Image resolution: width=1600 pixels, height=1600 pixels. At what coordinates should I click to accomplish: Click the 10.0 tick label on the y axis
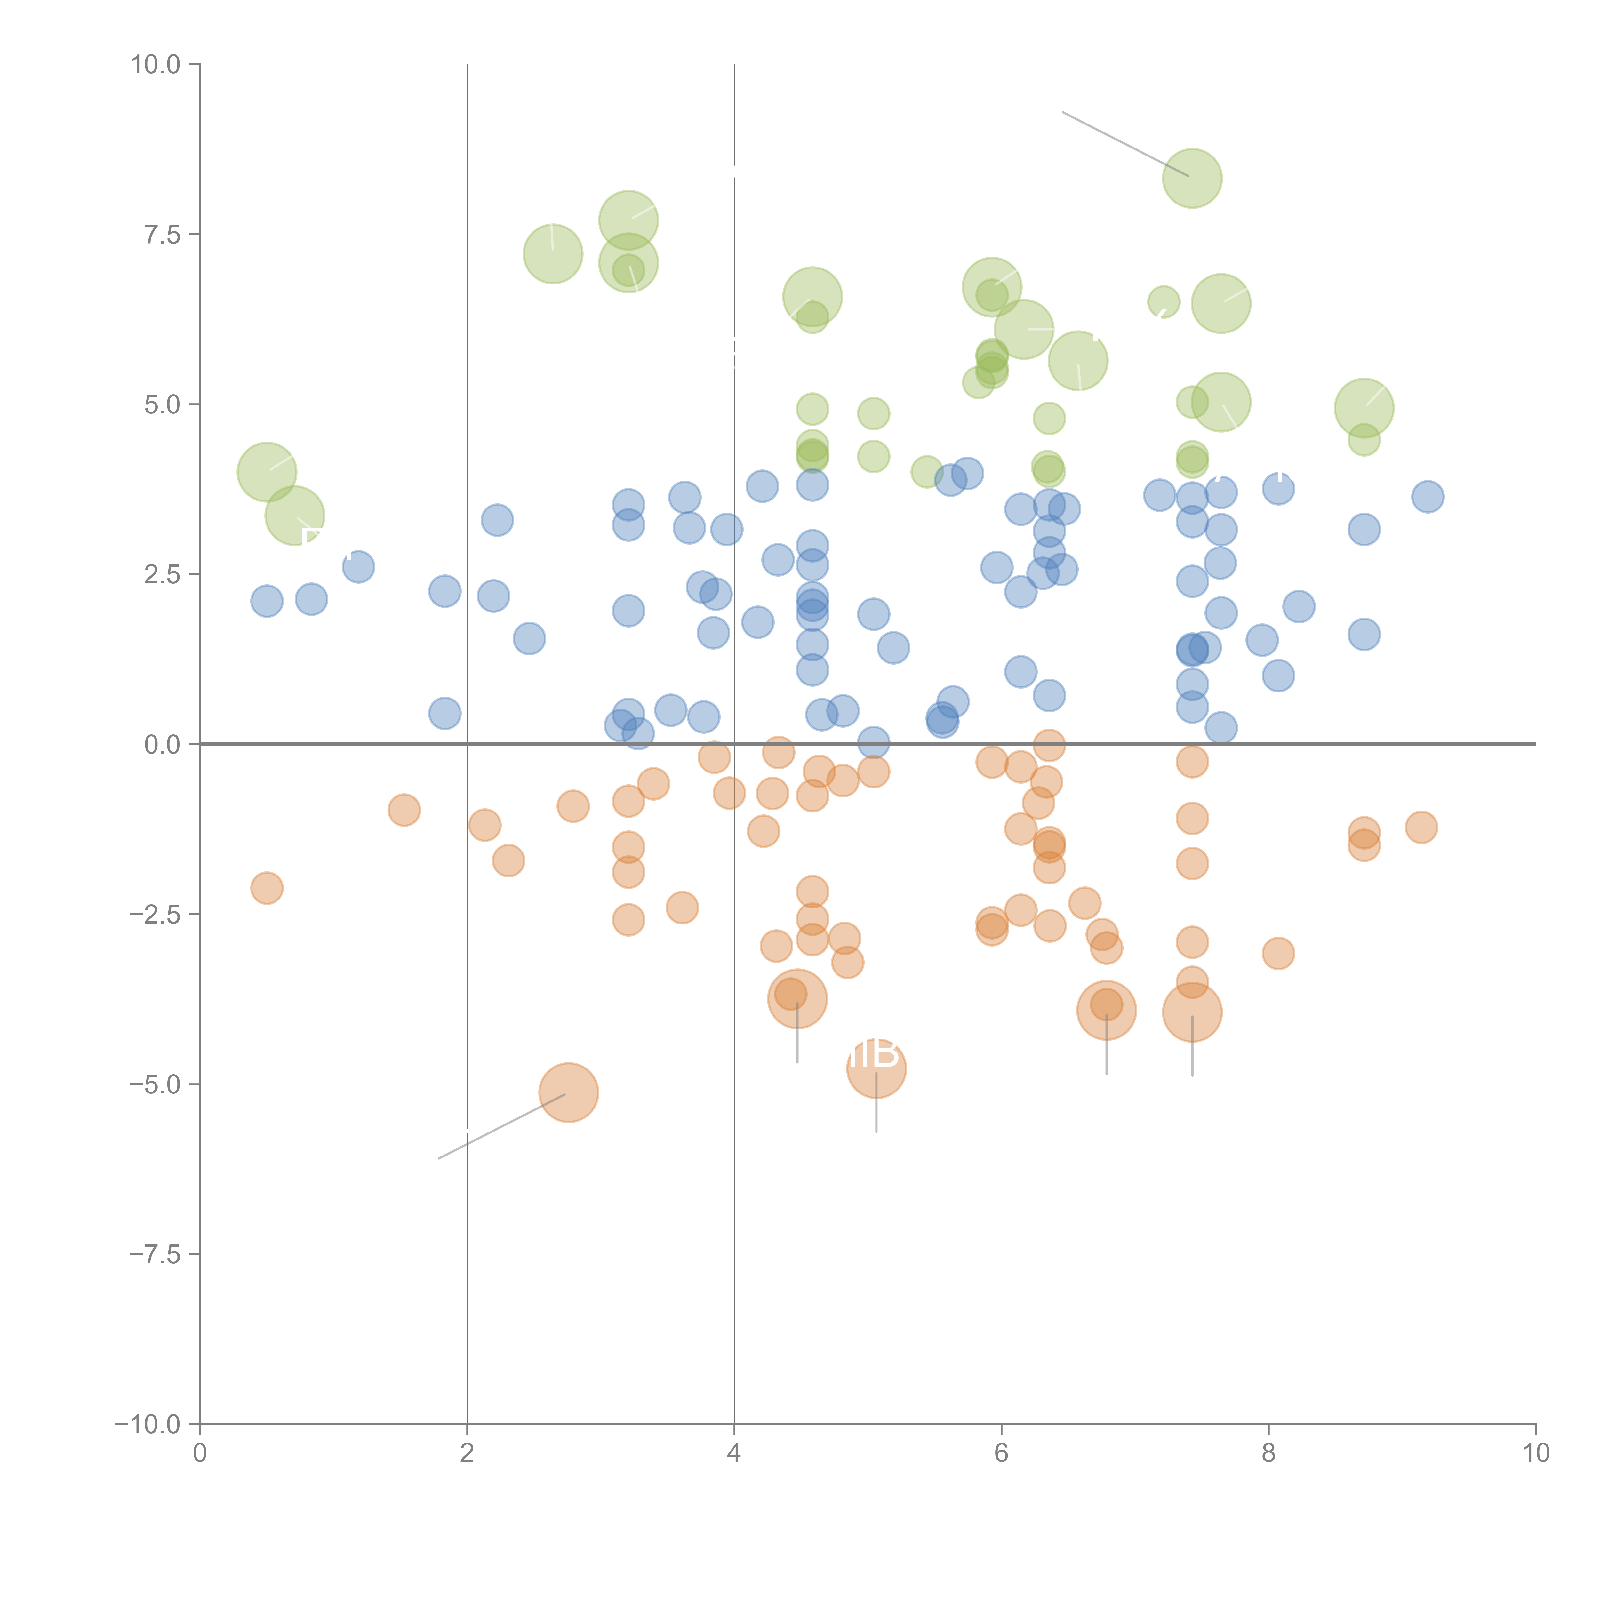click(x=156, y=65)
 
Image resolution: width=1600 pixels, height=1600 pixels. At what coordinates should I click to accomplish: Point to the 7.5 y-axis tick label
click(x=162, y=234)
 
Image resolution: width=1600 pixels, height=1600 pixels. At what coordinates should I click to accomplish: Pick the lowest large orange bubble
click(x=568, y=1092)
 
